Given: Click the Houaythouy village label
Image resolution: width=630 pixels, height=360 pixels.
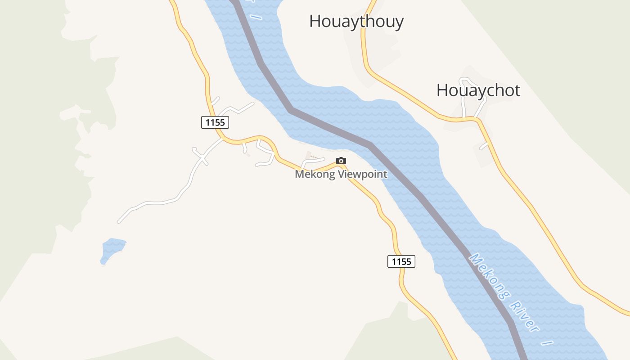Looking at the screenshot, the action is pos(356,21).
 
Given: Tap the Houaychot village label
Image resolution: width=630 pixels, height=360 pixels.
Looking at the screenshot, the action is pos(478,90).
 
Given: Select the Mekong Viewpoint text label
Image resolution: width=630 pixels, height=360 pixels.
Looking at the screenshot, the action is pos(341,174).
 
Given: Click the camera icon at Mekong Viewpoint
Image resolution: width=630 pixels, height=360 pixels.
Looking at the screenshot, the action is pos(341,161).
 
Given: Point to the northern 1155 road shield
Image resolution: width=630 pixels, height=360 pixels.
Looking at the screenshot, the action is pos(215,122).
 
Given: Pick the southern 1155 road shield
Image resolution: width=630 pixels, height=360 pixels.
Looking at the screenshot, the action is pos(401,261).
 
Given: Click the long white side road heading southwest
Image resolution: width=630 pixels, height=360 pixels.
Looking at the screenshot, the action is pos(157,202).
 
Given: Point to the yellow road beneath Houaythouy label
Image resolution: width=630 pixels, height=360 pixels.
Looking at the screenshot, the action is pos(364,45).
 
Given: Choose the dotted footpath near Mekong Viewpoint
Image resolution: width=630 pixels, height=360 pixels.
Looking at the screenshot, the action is pos(317,158).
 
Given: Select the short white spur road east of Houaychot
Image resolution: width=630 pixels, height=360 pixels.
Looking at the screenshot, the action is pos(484,146).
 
